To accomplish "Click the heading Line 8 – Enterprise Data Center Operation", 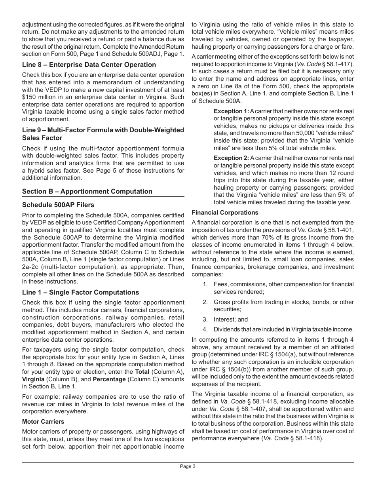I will click(x=89, y=65).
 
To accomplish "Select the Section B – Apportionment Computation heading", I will click(x=87, y=191).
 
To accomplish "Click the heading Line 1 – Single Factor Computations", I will click(x=80, y=292).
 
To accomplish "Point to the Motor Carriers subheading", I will click(x=43, y=422).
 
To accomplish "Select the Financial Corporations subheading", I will click(x=225, y=213).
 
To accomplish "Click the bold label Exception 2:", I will click(x=231, y=158).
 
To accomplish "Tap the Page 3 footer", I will click(x=188, y=466).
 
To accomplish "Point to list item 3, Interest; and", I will click(x=231, y=320).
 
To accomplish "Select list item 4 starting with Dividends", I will click(x=283, y=329).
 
